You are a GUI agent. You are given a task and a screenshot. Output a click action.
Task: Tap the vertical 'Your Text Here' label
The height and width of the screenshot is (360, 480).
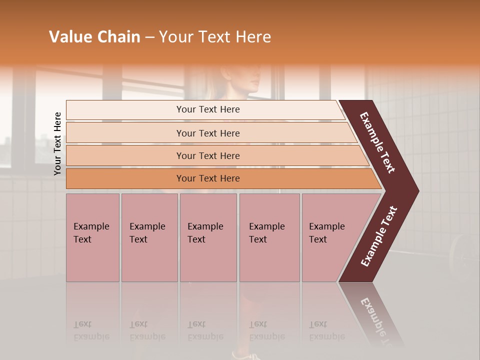(57, 143)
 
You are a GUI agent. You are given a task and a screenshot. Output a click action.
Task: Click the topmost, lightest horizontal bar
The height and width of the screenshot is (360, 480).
(207, 109)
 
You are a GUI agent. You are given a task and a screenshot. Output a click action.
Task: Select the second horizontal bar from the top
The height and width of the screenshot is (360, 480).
(207, 133)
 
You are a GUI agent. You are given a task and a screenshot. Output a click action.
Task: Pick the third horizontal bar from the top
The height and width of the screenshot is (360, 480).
(207, 155)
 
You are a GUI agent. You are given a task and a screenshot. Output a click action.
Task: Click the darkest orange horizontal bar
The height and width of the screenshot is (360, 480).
(207, 178)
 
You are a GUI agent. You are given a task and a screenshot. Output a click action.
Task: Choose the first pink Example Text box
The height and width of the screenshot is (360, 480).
(92, 237)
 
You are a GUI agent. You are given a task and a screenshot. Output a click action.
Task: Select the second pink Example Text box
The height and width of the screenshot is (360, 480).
(149, 237)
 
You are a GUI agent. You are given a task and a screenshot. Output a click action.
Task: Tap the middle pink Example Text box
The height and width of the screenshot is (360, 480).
(208, 237)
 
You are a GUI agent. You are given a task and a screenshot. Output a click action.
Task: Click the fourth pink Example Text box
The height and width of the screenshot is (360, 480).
(269, 237)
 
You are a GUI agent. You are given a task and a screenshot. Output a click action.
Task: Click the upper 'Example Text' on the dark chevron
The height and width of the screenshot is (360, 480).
(377, 142)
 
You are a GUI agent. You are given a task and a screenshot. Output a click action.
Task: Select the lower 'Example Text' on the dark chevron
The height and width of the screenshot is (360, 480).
(379, 236)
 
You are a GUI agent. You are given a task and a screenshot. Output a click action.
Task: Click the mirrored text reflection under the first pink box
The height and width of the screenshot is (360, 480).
(83, 330)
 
